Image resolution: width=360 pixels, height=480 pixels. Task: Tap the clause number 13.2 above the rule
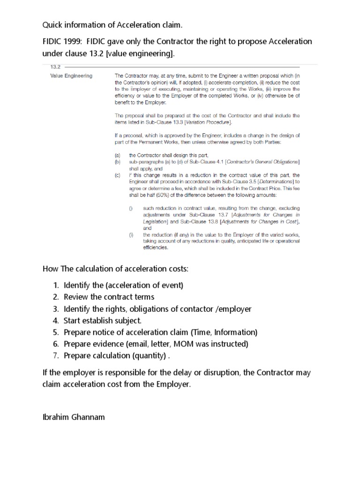[55, 67]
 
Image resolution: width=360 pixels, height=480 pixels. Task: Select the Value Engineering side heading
[71, 76]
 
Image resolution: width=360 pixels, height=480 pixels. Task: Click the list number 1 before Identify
[55, 285]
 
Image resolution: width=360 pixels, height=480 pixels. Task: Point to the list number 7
[55, 355]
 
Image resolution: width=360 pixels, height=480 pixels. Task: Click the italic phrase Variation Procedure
[208, 122]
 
